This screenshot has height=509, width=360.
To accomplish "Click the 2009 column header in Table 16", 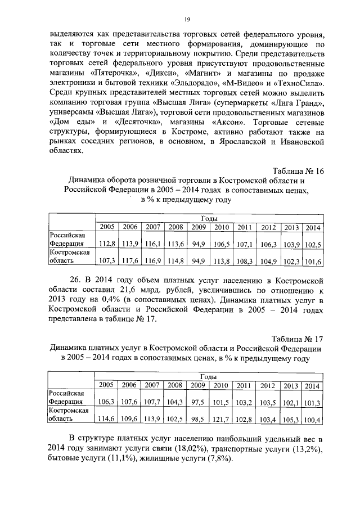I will click(x=198, y=227).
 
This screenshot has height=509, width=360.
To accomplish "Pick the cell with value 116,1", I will click(x=152, y=244).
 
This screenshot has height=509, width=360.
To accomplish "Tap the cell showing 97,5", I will click(x=198, y=402).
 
